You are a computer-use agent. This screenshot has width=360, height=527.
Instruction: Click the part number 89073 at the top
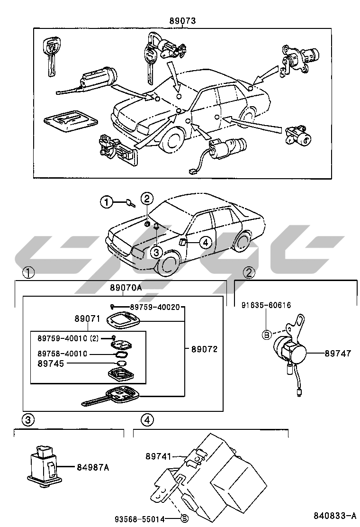coord(182,20)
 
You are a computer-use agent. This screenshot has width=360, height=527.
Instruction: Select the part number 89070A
coord(126,288)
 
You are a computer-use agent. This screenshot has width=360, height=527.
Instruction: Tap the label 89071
coord(85,319)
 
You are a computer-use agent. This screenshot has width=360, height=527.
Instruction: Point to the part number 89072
coord(204,349)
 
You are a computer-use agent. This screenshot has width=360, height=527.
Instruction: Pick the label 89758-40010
coord(62,354)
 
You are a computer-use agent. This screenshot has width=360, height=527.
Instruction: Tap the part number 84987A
coord(93,468)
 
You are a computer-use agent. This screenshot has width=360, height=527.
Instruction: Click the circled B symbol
coord(267,335)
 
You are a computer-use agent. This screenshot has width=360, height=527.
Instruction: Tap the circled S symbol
coord(184,519)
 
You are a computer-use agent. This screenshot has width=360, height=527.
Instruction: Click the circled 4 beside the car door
coord(204,243)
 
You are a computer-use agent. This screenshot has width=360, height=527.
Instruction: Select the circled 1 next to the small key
coord(107,202)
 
